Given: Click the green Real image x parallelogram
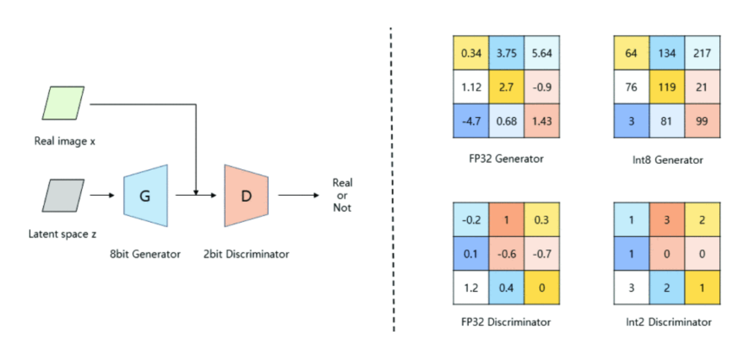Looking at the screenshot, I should click(x=62, y=103).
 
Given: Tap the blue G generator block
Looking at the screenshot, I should click(x=145, y=196).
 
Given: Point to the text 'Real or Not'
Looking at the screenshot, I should click(x=342, y=195).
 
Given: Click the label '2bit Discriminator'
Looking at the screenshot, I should click(x=246, y=253).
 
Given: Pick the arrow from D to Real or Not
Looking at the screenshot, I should click(x=299, y=196).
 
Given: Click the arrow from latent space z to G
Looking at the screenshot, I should click(x=102, y=196).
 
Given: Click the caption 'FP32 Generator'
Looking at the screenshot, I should click(x=505, y=159).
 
